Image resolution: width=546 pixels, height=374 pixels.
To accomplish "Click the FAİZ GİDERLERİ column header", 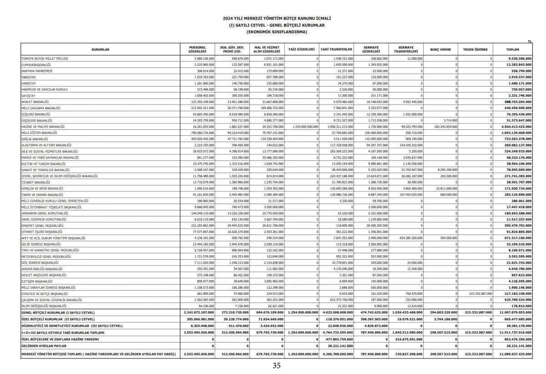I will tap(302, 49).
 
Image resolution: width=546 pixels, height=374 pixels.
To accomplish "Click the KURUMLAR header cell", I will tap(101, 49).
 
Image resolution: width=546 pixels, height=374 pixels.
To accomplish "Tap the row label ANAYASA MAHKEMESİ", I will tap(37, 71).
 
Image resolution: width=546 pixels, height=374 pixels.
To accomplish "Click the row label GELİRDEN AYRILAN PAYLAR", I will tap(41, 346).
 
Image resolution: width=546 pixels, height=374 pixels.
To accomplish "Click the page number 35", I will tap(277, 365).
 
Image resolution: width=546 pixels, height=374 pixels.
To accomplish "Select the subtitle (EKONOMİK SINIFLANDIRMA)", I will tap(277, 32).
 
